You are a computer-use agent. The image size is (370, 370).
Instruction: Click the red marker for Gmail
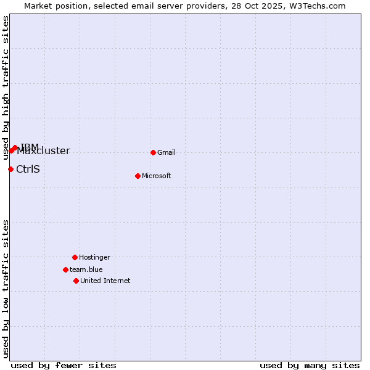pyautogui.click(x=153, y=152)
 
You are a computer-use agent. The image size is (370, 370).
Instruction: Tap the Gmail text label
pyautogui.click(x=166, y=153)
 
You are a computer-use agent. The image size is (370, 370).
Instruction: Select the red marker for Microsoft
pyautogui.click(x=138, y=176)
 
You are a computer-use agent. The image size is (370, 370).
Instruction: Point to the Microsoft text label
pyautogui.click(x=157, y=176)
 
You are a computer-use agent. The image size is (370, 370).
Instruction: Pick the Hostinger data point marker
pyautogui.click(x=75, y=257)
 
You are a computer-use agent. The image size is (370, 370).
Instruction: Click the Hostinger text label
pyautogui.click(x=94, y=258)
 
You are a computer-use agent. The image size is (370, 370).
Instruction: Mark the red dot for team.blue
pyautogui.click(x=65, y=269)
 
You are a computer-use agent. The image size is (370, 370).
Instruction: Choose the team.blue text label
pyautogui.click(x=86, y=270)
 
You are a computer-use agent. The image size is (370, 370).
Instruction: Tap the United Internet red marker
pyautogui.click(x=76, y=281)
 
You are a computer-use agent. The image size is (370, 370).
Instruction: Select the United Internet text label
pyautogui.click(x=105, y=281)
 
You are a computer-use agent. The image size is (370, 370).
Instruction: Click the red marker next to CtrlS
pyautogui.click(x=10, y=169)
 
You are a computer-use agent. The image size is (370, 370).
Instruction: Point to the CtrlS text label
pyautogui.click(x=28, y=170)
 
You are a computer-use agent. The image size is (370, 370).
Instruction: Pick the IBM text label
pyautogui.click(x=30, y=147)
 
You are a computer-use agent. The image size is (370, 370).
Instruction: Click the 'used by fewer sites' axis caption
pyautogui.click(x=63, y=366)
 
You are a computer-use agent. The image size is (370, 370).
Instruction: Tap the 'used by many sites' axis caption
pyautogui.click(x=310, y=366)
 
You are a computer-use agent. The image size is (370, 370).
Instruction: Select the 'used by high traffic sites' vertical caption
pyautogui.click(x=6, y=88)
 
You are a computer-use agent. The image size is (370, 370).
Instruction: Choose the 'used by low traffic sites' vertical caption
pyautogui.click(x=6, y=289)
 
